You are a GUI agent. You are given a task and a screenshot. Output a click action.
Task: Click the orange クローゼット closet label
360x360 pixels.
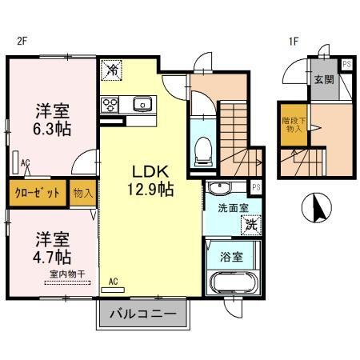coord(36,193)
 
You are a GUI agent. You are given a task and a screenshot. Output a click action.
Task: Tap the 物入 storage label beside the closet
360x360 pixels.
coord(82,193)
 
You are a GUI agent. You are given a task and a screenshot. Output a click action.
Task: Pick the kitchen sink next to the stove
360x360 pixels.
coord(143,102)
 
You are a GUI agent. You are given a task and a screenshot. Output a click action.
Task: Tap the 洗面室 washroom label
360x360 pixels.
coord(230,208)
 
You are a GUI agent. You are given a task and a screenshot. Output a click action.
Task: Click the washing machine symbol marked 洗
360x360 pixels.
coord(250,226)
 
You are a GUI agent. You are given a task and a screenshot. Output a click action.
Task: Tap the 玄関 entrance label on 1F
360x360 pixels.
coord(323,79)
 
